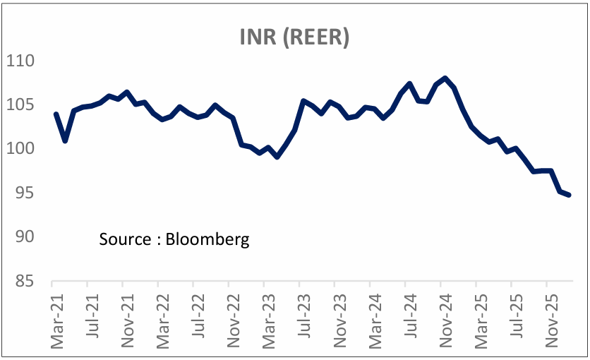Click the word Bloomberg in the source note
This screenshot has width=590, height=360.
(x=208, y=239)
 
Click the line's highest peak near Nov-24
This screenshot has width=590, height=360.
(x=445, y=78)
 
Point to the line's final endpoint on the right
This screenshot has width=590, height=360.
(x=569, y=195)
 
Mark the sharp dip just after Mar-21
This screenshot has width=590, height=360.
(x=65, y=140)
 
